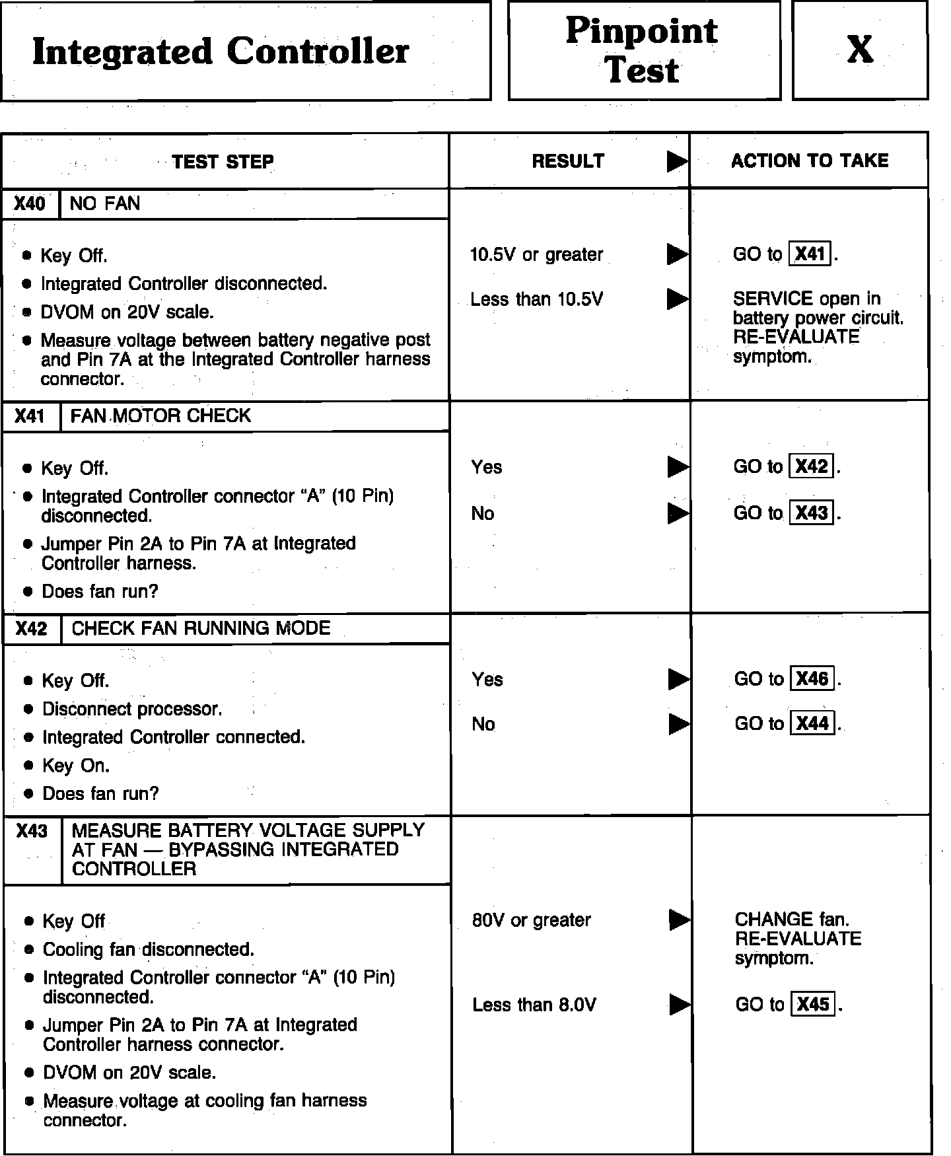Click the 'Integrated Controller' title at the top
coord(221,52)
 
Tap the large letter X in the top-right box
coord(860,50)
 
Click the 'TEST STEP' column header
coord(223,162)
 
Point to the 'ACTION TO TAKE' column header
coord(810,161)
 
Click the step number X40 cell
coord(30,203)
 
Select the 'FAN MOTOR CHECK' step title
coord(160,416)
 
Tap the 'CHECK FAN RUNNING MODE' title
coord(201,628)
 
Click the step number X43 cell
coord(32,831)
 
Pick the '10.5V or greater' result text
coord(536,255)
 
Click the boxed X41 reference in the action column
coord(810,254)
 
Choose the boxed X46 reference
coord(812,679)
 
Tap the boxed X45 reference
coord(812,1005)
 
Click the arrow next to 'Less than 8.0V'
coord(679,1005)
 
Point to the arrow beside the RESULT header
coord(677,161)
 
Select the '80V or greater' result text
coord(532,920)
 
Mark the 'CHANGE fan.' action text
coord(792,920)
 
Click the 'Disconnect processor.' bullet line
coord(132,709)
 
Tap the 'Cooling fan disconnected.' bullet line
coord(148,950)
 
